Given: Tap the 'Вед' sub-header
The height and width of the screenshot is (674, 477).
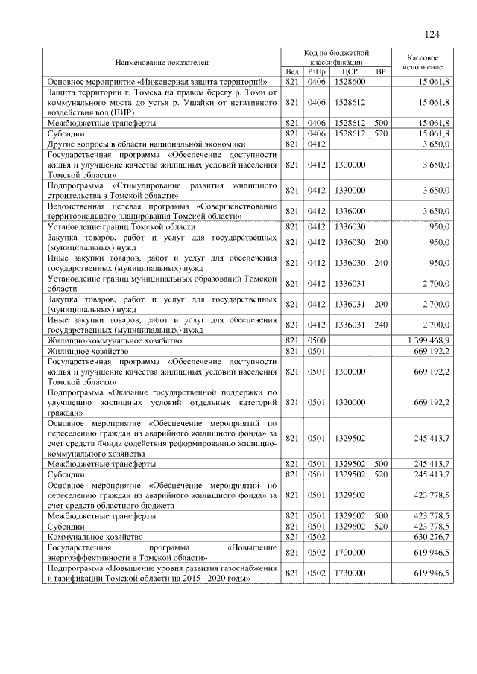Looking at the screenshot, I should pyautogui.click(x=292, y=71).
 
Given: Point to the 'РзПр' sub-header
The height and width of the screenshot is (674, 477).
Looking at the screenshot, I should pyautogui.click(x=318, y=71).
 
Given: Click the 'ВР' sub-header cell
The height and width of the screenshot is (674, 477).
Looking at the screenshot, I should pyautogui.click(x=381, y=71).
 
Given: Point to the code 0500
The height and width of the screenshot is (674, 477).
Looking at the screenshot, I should pyautogui.click(x=318, y=340).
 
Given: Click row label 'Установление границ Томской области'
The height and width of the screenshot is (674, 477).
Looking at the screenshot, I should pyautogui.click(x=121, y=226).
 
